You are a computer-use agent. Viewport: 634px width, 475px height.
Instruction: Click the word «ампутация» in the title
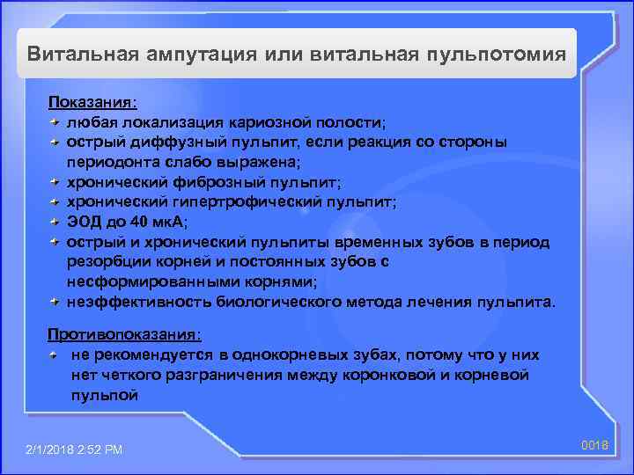click(x=196, y=54)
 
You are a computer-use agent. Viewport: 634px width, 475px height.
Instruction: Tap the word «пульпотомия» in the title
click(x=495, y=54)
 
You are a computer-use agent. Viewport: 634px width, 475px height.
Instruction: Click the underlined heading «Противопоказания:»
click(x=124, y=335)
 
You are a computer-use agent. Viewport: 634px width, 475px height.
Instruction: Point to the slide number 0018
click(x=595, y=446)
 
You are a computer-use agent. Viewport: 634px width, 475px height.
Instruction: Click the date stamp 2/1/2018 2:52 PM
click(x=75, y=450)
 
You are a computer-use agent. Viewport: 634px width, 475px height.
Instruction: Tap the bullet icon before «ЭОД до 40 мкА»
click(x=55, y=222)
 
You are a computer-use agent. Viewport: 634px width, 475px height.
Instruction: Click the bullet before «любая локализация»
click(x=55, y=122)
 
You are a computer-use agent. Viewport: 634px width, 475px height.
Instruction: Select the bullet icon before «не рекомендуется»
click(x=55, y=355)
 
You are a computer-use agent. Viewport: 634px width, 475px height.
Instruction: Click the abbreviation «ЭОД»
click(x=84, y=222)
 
